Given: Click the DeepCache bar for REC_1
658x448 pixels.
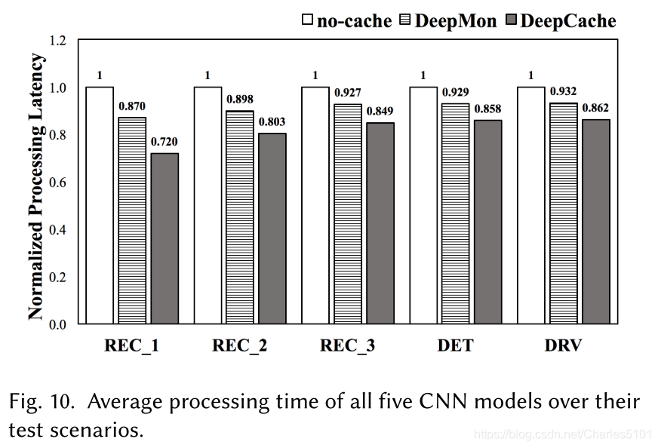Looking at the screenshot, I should tap(164, 238).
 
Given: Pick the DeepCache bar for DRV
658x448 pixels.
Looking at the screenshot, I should tap(595, 222).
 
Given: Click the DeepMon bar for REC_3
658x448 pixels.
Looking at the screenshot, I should tap(348, 214).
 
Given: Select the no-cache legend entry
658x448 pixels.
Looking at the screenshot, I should tap(347, 20).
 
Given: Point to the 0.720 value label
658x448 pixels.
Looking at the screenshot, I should tap(164, 142).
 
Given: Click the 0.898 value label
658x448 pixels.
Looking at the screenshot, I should tap(240, 99).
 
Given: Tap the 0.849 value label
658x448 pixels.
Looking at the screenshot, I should tap(380, 111).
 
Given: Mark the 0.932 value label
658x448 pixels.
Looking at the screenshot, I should tap(563, 91).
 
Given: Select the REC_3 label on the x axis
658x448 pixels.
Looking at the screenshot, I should tap(348, 346).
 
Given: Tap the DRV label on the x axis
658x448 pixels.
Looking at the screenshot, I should tap(563, 346).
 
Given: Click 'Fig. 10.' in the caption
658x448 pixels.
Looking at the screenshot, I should tap(42, 401).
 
